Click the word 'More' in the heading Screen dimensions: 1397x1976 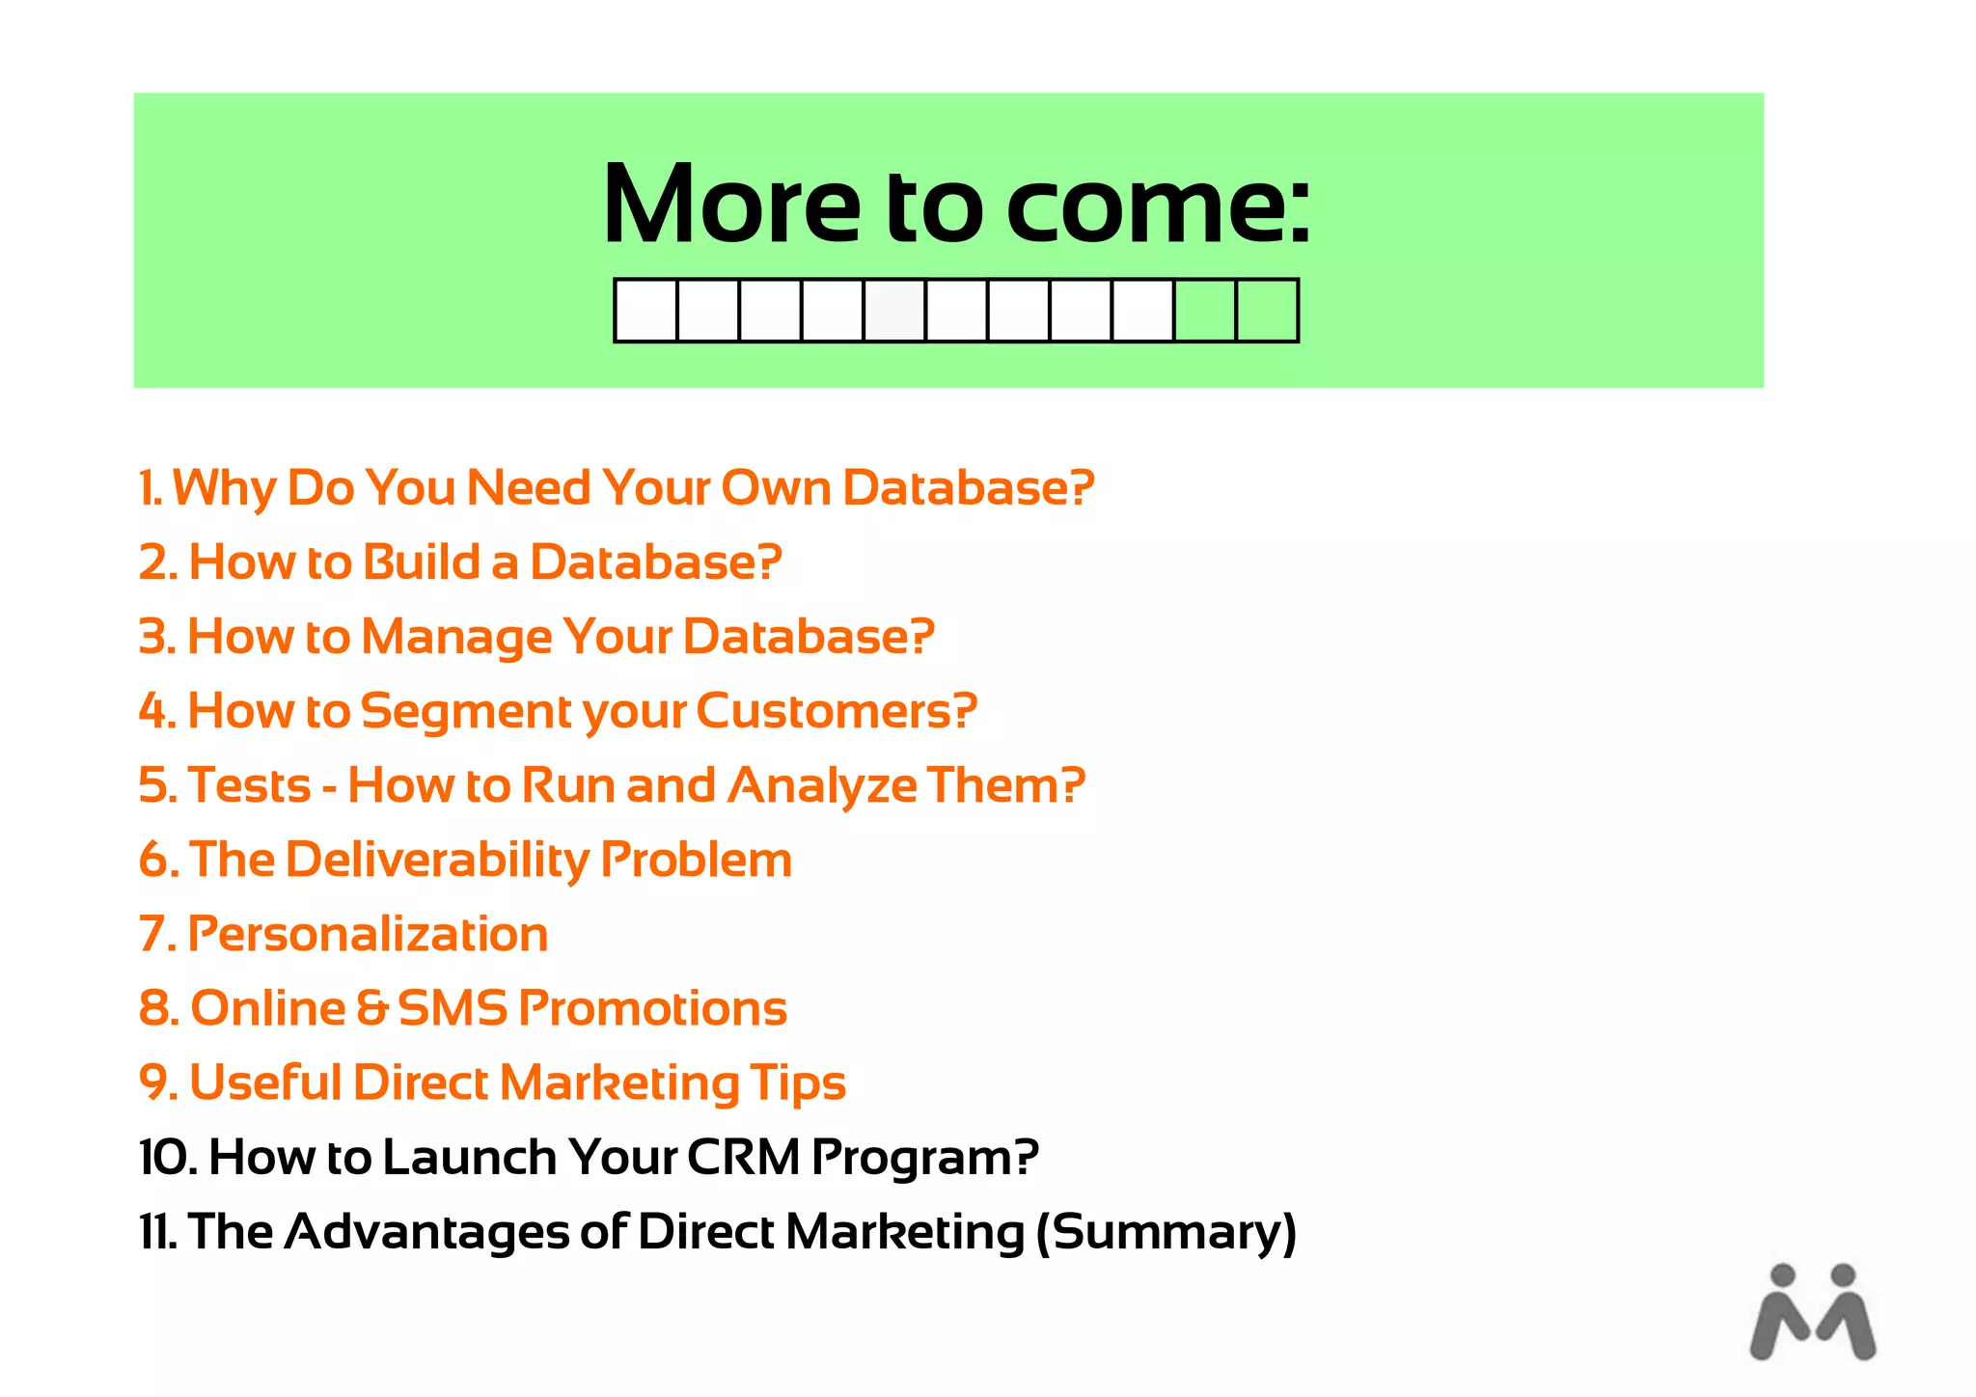730,205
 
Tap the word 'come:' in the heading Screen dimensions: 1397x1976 1158,205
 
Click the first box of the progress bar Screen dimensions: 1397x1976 645,311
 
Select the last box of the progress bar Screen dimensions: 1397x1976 1267,311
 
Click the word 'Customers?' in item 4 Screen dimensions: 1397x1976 837,711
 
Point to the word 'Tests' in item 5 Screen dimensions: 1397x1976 249,785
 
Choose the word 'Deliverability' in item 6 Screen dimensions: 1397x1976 436,860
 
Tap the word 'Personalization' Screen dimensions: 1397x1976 368,934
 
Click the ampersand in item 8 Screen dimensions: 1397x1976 371,1008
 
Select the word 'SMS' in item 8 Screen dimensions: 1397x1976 452,1008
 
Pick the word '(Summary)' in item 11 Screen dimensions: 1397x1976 1166,1232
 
